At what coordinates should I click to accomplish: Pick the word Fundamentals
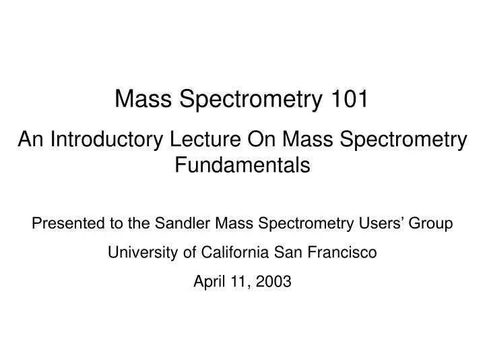tap(243, 164)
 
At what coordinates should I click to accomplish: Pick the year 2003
tap(275, 282)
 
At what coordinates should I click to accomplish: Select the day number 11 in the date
tap(238, 282)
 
